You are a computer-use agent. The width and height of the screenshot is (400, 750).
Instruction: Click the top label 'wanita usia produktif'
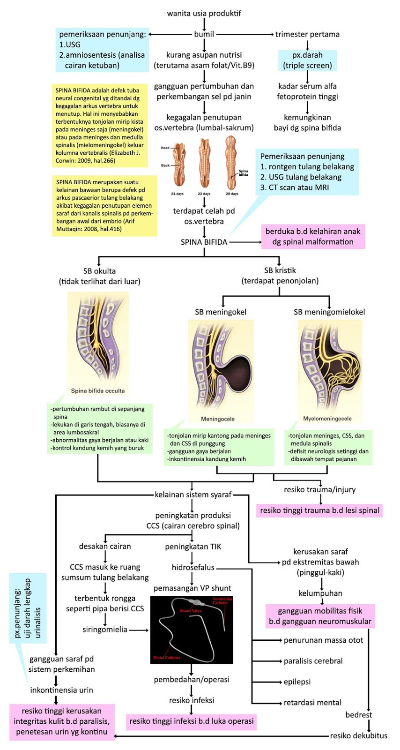coord(204,13)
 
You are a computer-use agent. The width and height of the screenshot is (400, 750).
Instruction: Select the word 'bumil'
coord(204,34)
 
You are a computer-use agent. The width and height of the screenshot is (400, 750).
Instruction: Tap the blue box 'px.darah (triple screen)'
coord(307,60)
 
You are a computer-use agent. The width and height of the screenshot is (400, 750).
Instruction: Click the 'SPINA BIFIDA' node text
coord(204,242)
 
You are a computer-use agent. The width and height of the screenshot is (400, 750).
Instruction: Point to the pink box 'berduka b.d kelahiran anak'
coord(313,237)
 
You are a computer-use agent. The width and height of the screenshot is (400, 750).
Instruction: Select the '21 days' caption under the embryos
coord(177,194)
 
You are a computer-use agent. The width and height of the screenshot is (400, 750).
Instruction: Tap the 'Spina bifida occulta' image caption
coord(98,390)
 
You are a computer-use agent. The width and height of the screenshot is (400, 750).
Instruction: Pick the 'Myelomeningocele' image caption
coord(327,419)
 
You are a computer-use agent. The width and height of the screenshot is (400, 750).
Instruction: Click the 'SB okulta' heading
coord(99,271)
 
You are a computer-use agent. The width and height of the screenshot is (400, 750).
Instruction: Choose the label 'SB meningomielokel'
coord(329,312)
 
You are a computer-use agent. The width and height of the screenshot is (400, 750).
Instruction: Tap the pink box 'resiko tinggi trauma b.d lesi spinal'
coord(319,510)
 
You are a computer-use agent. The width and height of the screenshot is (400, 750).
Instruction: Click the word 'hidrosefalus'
coord(193,568)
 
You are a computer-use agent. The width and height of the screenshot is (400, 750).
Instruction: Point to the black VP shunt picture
coord(192,630)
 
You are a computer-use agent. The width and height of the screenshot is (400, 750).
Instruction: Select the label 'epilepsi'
coord(297,682)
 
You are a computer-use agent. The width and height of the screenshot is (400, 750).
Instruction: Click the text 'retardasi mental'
coord(312,703)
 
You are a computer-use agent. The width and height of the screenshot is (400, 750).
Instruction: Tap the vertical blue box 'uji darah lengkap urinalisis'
coord(28,608)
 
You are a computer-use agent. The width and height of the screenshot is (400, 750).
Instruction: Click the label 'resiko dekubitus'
coord(359,736)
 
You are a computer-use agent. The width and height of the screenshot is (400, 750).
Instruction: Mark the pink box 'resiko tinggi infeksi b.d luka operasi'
coord(192,721)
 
